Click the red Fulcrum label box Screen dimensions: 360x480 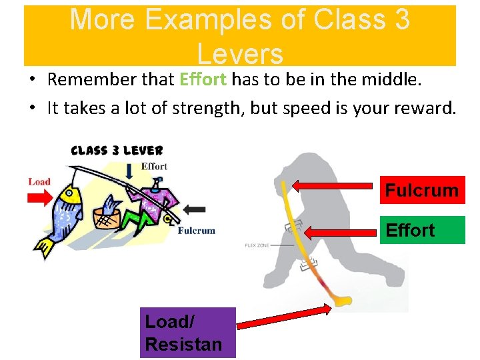coord(421,190)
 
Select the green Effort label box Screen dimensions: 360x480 coord(421,230)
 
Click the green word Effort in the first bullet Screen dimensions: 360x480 coord(203,80)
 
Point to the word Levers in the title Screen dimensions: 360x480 coord(240,54)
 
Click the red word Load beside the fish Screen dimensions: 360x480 coord(39,181)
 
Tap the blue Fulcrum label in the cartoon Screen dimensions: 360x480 coord(196,231)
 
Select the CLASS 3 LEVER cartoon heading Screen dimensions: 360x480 coord(117,151)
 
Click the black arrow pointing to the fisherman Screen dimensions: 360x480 coord(194,209)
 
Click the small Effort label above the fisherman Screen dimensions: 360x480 coord(154,167)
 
